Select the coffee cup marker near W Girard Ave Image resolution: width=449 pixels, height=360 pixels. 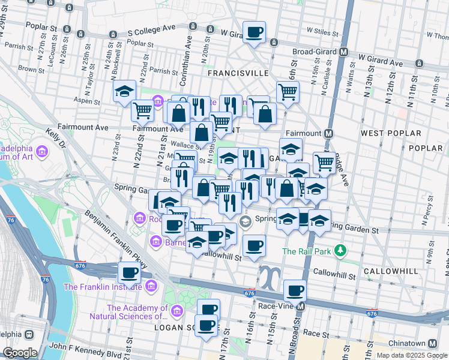click(254, 32)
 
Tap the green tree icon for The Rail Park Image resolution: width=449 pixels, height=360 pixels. click(341, 250)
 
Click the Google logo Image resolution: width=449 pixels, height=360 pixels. click(20, 353)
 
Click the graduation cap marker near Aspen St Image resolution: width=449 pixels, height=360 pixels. click(124, 91)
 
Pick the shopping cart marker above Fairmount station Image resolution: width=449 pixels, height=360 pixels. click(288, 92)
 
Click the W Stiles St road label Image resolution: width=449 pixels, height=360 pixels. click(324, 28)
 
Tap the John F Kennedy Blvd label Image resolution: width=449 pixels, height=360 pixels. click(82, 347)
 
